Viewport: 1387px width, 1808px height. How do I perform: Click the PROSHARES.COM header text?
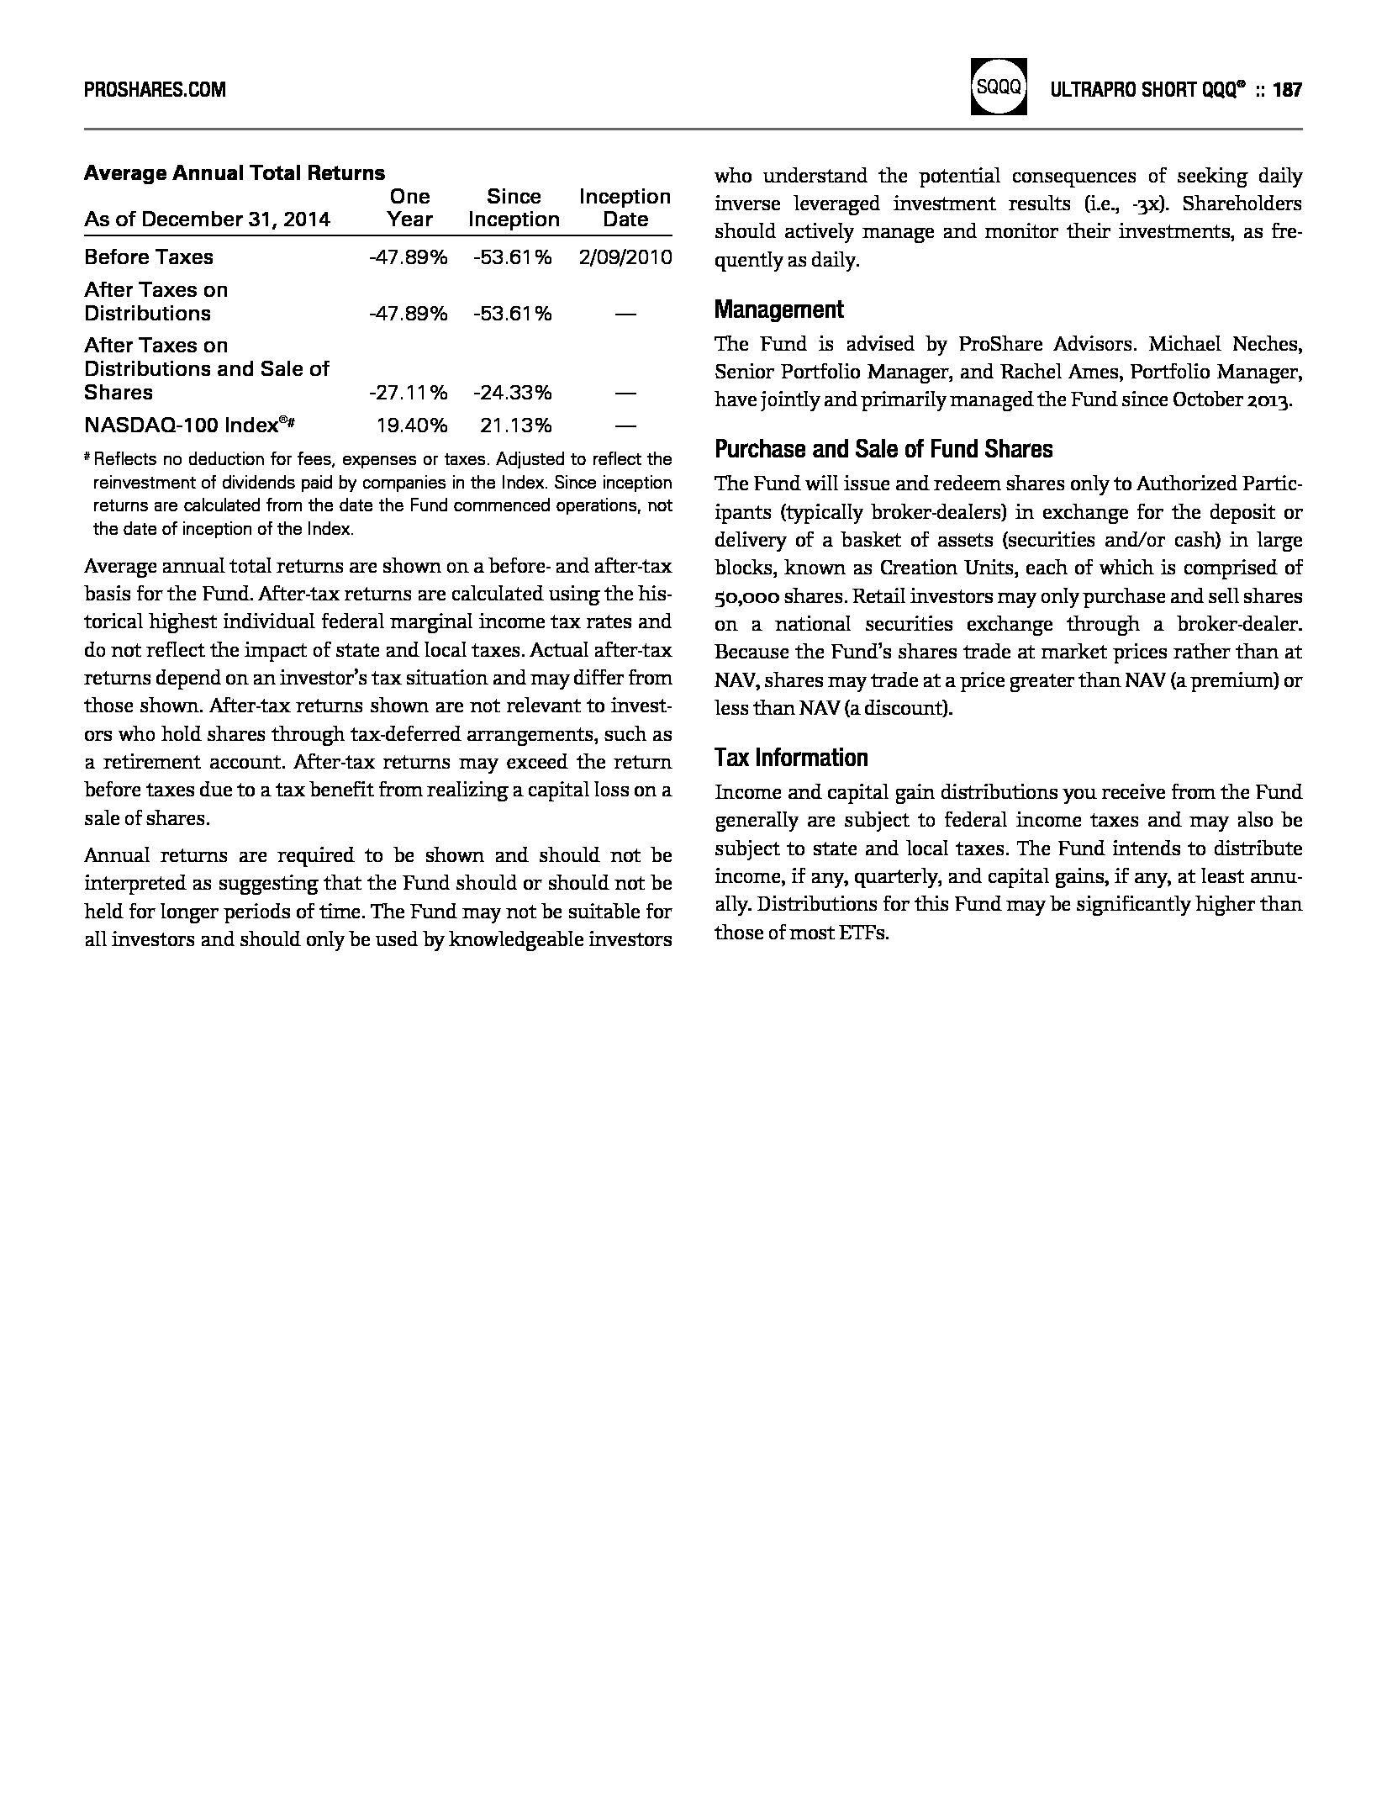click(155, 90)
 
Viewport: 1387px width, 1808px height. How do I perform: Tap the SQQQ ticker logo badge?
click(998, 87)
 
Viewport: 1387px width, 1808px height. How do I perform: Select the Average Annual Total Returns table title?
click(235, 173)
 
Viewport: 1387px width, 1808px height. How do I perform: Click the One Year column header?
click(410, 208)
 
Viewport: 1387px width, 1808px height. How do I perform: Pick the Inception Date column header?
click(625, 208)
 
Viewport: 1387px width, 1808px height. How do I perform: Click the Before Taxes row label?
click(149, 257)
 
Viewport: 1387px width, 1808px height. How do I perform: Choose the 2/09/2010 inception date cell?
click(625, 257)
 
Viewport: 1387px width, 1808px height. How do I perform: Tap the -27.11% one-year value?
click(408, 393)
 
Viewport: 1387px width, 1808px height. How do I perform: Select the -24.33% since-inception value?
click(512, 393)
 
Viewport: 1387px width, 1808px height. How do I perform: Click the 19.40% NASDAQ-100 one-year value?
click(411, 426)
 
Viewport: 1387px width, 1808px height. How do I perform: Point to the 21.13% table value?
click(515, 426)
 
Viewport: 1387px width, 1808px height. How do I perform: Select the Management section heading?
click(778, 310)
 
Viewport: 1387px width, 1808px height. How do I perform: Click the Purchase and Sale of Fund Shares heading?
click(883, 450)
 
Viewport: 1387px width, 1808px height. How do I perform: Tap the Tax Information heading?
click(790, 759)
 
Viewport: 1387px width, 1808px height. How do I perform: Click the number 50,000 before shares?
click(746, 596)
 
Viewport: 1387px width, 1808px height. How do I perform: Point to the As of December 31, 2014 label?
click(207, 219)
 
